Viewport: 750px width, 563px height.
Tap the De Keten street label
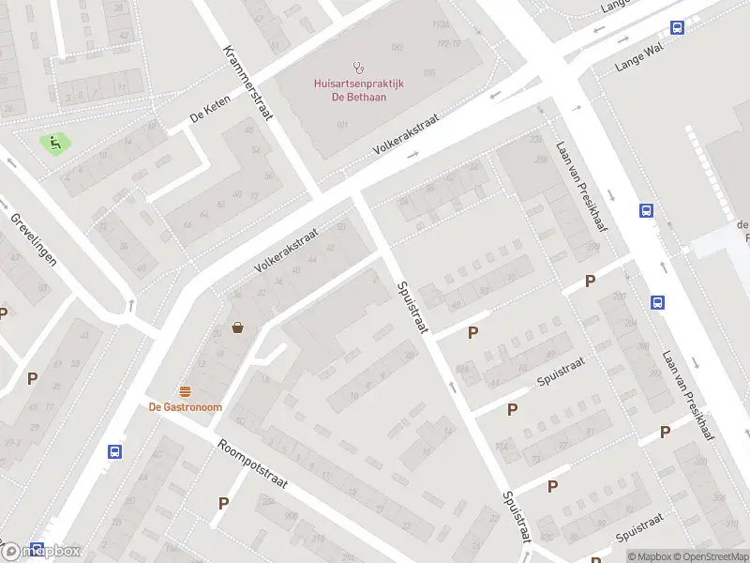click(x=210, y=117)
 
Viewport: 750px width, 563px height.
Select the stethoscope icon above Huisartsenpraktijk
click(x=357, y=67)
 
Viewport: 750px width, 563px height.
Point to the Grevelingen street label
click(x=34, y=239)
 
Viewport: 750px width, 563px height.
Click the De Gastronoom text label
click(x=185, y=406)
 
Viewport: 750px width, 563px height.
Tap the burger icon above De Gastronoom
click(x=185, y=390)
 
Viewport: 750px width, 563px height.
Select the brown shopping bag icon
click(x=238, y=327)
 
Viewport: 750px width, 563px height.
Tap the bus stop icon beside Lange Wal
click(x=677, y=28)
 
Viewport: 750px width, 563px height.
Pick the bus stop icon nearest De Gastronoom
click(x=114, y=451)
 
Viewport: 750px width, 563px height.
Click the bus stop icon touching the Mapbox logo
click(x=37, y=548)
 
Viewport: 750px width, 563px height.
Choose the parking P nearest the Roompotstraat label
click(x=223, y=504)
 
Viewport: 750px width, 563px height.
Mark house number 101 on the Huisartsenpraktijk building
click(x=342, y=125)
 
